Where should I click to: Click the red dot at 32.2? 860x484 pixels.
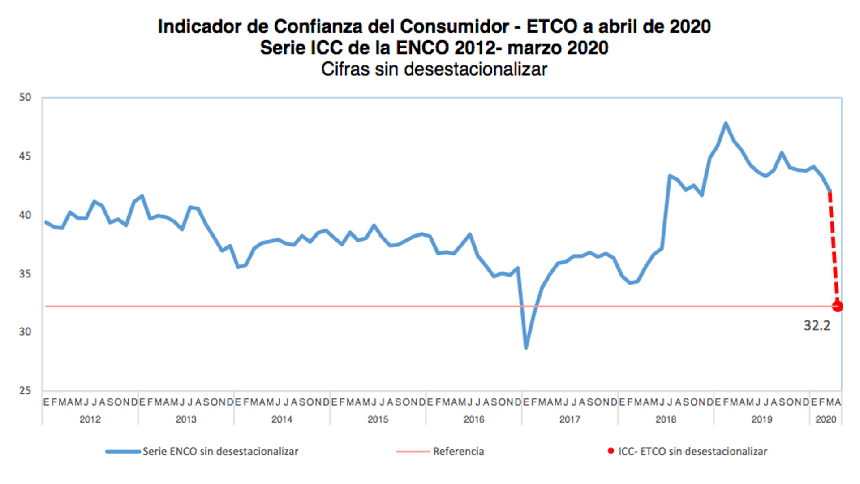[837, 307]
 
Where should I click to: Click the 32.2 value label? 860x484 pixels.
[817, 326]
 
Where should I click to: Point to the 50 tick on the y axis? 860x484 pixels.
[25, 98]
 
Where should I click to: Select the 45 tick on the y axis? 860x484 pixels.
[25, 156]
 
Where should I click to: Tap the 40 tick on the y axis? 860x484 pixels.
[25, 215]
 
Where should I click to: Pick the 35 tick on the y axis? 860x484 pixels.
[25, 274]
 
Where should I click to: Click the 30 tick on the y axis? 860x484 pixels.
[25, 332]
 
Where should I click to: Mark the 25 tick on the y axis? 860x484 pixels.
[25, 391]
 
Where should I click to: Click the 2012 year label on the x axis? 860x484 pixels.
[90, 419]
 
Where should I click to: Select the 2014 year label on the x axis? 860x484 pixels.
[282, 419]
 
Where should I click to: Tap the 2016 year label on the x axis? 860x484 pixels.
[474, 419]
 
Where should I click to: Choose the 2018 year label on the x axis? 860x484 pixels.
[666, 419]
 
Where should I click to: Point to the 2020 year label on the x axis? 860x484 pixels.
[826, 419]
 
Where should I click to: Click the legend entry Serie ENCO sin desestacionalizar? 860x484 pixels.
[220, 452]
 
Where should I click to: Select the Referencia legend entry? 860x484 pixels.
[458, 452]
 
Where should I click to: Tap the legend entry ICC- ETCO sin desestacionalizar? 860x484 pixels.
[692, 452]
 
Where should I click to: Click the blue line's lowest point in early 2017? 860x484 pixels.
[526, 348]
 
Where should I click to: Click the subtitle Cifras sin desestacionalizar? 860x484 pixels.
[434, 69]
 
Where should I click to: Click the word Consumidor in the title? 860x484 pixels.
[454, 26]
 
